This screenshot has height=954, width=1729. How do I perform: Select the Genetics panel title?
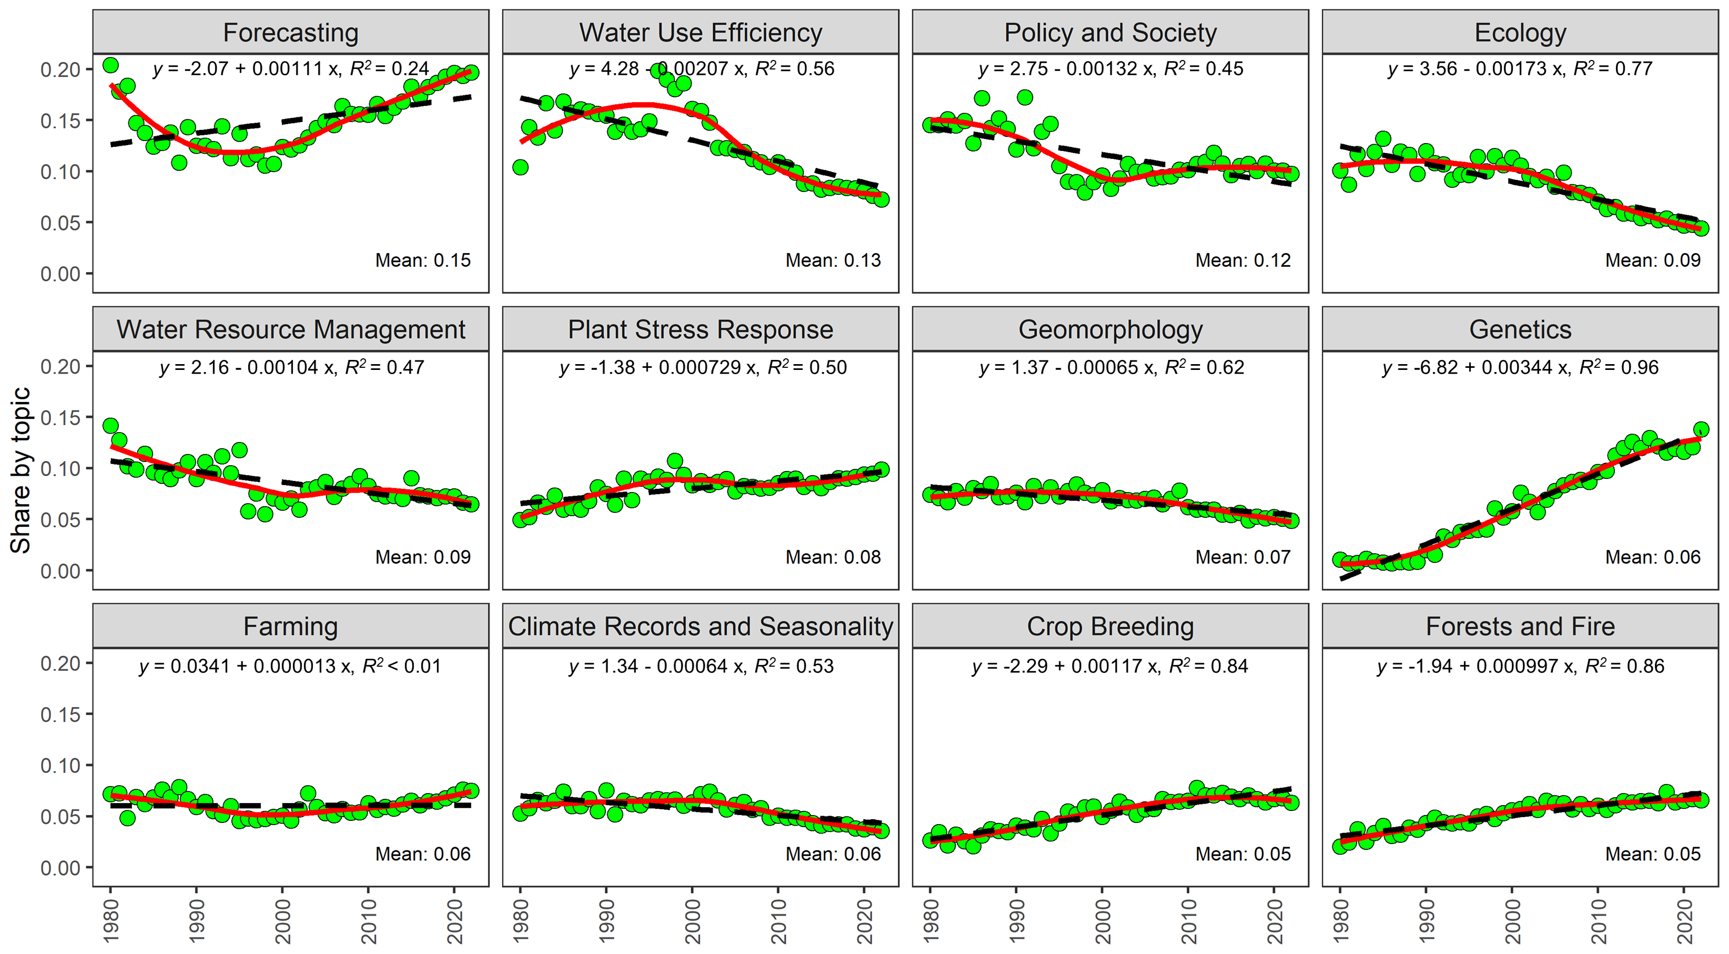[x=1520, y=329]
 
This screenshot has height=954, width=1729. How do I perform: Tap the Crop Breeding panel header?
[x=1110, y=626]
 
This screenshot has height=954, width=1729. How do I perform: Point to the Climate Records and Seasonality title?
[x=700, y=626]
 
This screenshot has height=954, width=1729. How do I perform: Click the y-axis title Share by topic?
[x=20, y=470]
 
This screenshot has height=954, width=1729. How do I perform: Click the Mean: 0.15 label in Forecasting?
[x=423, y=260]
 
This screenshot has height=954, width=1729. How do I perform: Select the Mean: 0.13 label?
[x=833, y=260]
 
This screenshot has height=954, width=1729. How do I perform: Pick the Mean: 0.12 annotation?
[x=1242, y=260]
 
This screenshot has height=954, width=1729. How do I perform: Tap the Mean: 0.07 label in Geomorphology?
[x=1242, y=557]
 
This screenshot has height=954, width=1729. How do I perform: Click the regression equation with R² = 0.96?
[x=1520, y=368]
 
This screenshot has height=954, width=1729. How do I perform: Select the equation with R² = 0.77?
[x=1520, y=69]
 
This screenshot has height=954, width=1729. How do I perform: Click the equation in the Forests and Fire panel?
[x=1520, y=667]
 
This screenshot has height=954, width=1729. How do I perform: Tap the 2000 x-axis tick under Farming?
[x=282, y=921]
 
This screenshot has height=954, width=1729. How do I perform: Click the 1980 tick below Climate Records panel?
[x=521, y=921]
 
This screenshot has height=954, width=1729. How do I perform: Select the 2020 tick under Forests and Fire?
[x=1684, y=921]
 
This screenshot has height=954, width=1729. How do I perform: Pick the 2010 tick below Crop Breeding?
[x=1188, y=921]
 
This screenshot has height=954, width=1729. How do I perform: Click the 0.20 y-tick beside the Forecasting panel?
[x=60, y=70]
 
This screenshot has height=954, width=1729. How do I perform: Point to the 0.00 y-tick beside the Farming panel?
[x=60, y=868]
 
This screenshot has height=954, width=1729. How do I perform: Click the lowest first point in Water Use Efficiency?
[x=520, y=167]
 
